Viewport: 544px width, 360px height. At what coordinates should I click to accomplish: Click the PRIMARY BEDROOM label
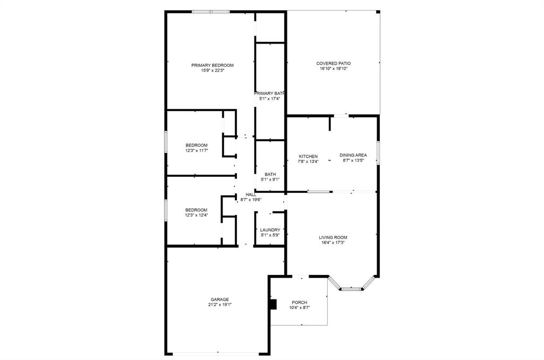212,65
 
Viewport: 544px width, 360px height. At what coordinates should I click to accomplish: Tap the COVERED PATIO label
333,63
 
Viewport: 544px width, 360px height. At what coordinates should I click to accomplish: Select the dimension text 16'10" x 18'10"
333,68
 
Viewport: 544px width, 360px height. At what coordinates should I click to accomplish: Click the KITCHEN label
308,157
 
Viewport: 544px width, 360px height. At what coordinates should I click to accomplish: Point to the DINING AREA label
353,155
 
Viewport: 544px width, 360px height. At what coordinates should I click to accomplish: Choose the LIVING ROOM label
333,237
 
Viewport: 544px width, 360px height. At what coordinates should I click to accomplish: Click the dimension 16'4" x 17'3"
333,243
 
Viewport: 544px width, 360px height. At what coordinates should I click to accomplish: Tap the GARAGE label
220,299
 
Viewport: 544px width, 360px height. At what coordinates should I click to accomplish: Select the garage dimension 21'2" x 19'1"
220,305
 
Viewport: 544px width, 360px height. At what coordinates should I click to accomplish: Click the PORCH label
300,303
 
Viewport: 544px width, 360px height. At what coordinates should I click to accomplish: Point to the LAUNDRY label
270,230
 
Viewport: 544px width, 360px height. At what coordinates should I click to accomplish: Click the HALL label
251,195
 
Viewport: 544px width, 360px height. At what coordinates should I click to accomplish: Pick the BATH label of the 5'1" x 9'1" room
270,174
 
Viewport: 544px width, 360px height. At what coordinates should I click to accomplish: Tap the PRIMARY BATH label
269,93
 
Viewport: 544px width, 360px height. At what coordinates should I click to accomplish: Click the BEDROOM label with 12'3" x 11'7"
197,145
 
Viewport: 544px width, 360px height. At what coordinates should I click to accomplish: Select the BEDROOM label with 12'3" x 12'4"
197,210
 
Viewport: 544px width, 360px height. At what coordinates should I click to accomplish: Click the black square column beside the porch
274,304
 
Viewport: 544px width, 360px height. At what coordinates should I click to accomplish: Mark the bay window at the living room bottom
351,289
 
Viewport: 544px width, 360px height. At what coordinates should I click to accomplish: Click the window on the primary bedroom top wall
211,12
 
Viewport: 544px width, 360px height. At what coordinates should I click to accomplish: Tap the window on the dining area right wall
378,153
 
